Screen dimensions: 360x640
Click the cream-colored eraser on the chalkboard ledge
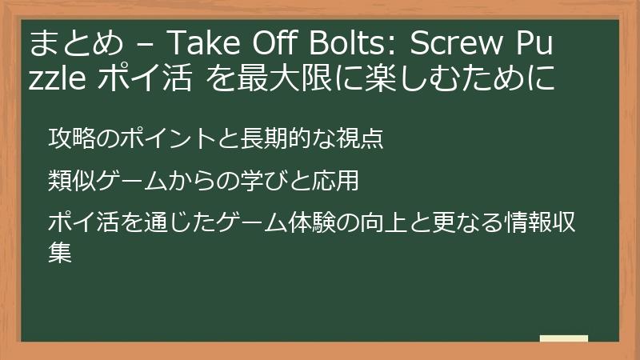pyautogui.click(x=563, y=338)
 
